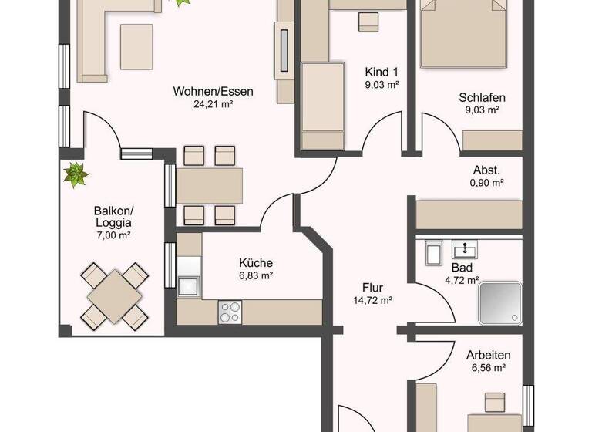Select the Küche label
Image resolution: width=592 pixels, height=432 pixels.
tap(256, 262)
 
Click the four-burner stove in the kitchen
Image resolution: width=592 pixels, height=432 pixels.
tap(230, 311)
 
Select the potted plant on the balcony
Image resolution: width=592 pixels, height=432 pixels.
tap(76, 175)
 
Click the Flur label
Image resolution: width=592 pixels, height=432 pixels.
tap(372, 287)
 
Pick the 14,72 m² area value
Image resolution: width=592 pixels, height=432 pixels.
tap(372, 301)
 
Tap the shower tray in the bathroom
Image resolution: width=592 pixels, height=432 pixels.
tap(500, 302)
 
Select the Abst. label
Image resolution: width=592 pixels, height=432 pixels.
tap(486, 170)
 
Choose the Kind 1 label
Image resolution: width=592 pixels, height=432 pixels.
tap(382, 72)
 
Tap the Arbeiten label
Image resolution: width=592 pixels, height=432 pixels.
tap(486, 356)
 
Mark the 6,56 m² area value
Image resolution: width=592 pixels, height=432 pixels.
tap(486, 369)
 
